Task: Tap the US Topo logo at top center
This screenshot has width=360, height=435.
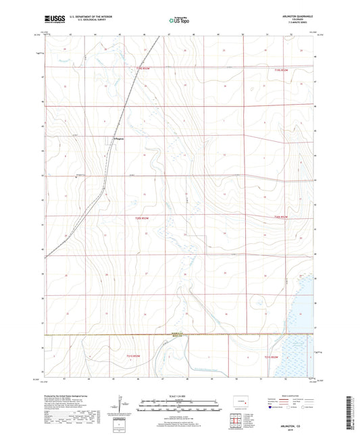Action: tap(178, 21)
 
